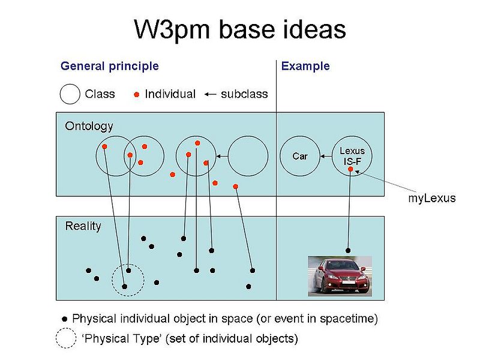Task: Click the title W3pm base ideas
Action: click(x=239, y=29)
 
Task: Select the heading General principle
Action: click(x=110, y=66)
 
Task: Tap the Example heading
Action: click(x=305, y=66)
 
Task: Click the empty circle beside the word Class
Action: click(x=70, y=94)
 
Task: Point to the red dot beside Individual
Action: click(x=137, y=94)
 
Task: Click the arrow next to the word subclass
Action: click(x=210, y=94)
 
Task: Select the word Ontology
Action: click(x=89, y=126)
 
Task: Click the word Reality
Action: click(x=83, y=226)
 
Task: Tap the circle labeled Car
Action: click(x=299, y=156)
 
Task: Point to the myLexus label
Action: click(x=432, y=199)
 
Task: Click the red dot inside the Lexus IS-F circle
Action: click(x=350, y=169)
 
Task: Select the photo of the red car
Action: click(x=340, y=275)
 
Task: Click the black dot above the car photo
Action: click(x=348, y=250)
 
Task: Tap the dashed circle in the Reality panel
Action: click(x=128, y=279)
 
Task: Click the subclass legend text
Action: click(x=244, y=94)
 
